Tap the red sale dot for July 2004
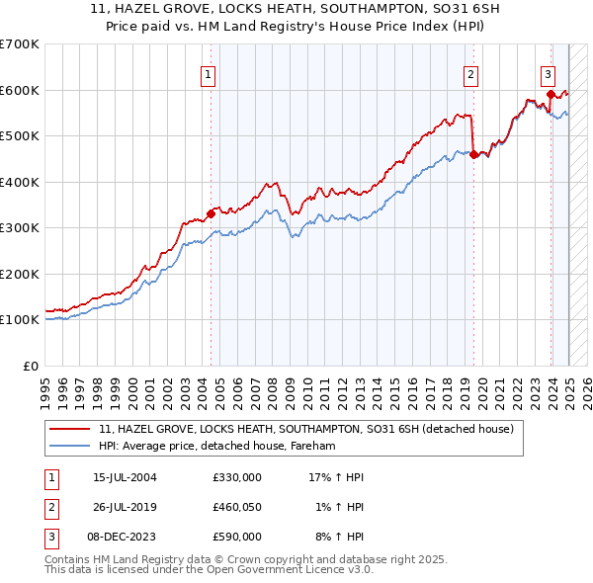[x=212, y=212]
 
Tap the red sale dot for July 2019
[x=474, y=154]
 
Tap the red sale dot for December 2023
[x=551, y=95]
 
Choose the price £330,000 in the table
[x=236, y=477]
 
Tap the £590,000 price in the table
[x=236, y=537]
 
